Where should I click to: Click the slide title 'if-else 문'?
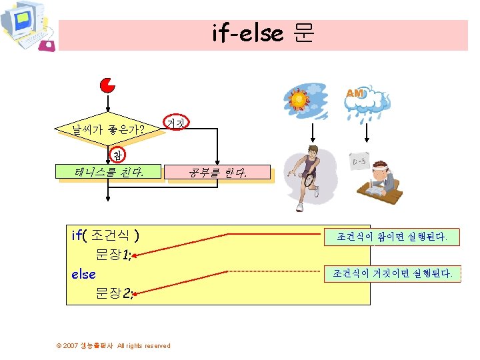263,33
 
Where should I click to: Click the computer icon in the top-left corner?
27,26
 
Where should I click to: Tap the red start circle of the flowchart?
107,85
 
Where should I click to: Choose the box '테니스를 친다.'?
111,174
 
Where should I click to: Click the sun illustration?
298,101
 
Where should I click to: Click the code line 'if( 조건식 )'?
105,235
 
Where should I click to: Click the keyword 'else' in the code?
83,274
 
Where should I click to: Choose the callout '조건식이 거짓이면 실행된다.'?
393,273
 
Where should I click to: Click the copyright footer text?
113,345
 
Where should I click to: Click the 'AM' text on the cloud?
355,94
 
